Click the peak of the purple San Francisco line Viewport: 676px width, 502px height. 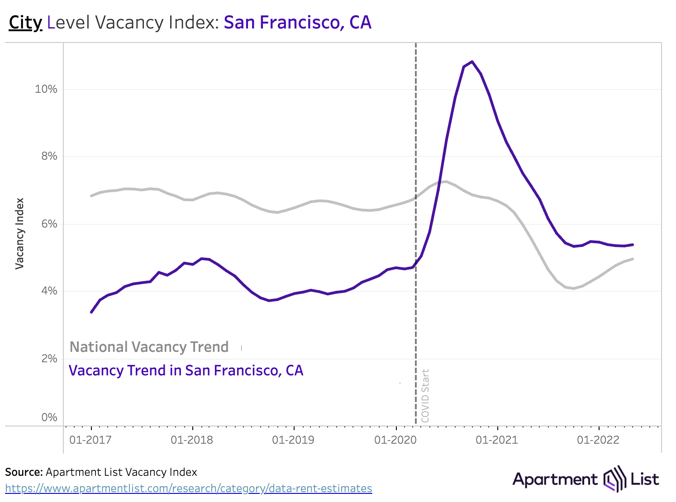[472, 62]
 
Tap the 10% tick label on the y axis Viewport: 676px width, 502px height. [46, 89]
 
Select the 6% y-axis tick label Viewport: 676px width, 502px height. [49, 224]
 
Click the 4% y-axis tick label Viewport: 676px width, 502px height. [49, 291]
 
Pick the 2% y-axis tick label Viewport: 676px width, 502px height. [49, 359]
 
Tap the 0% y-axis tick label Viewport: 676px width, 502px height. [49, 417]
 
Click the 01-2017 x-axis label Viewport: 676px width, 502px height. [90, 440]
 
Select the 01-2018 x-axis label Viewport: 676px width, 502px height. [192, 440]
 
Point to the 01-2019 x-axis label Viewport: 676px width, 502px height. [293, 440]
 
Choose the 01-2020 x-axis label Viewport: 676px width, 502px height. [395, 440]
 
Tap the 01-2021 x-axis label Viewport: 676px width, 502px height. [497, 440]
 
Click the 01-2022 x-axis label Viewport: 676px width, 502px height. [598, 440]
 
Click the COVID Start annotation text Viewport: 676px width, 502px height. [425, 396]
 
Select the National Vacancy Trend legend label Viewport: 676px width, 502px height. [149, 347]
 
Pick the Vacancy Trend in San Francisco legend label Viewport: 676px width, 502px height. [186, 370]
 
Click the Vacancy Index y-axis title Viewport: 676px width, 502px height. [19, 234]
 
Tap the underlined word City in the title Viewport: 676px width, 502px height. [25, 23]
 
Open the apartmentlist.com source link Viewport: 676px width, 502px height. [189, 488]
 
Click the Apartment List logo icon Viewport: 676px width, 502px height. [614, 478]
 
